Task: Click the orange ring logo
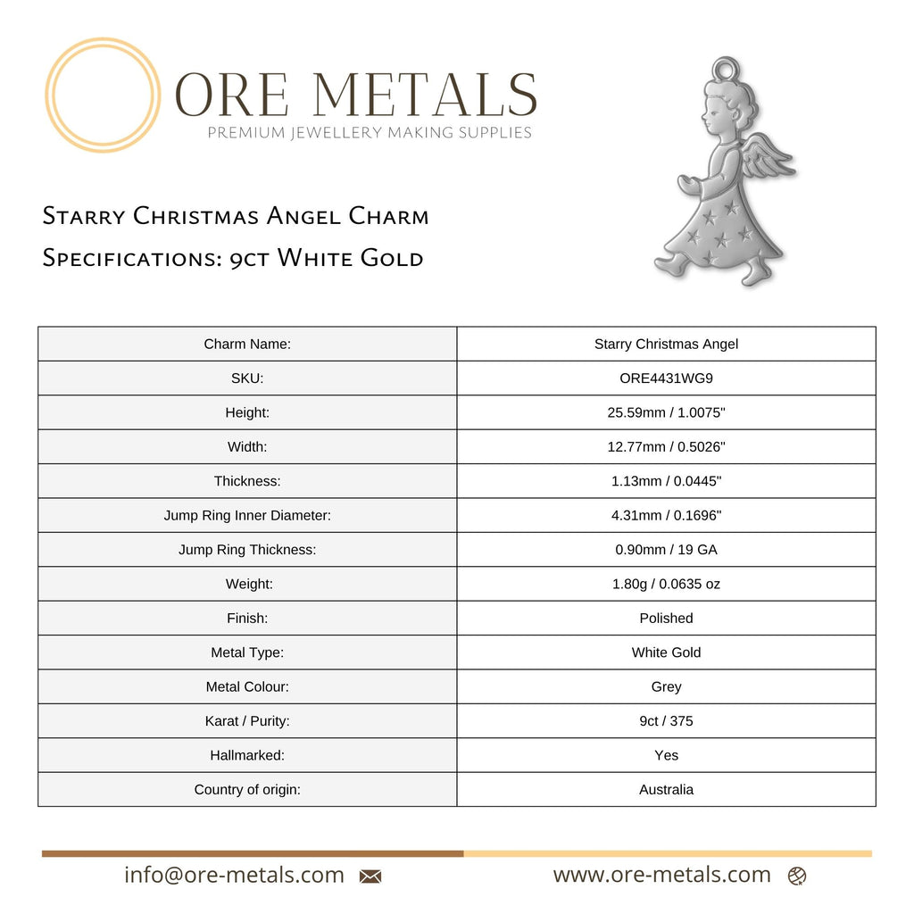(103, 95)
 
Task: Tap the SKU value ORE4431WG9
(666, 378)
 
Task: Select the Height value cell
(666, 412)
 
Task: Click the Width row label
(247, 446)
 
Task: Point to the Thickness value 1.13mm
(666, 481)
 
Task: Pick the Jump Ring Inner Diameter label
(247, 515)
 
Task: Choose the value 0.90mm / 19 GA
(666, 550)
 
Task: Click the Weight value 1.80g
(666, 584)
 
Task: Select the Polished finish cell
(666, 618)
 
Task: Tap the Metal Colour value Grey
(666, 686)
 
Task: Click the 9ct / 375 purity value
(666, 720)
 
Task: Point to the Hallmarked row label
(247, 755)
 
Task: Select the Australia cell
(666, 789)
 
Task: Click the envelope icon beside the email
(370, 877)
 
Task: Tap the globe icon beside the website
(797, 877)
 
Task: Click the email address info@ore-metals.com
(234, 875)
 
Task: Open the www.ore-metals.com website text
(661, 875)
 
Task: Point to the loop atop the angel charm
(727, 69)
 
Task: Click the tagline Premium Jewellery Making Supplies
(370, 133)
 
